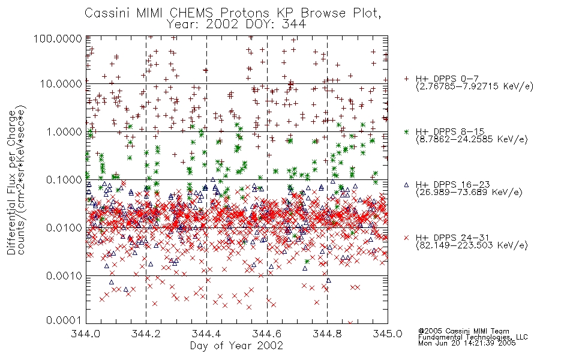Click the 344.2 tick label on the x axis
click(146, 333)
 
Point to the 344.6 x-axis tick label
click(267, 333)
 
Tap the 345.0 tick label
click(388, 333)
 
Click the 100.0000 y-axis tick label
click(58, 38)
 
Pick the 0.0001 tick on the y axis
click(64, 320)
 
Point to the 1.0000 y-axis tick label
click(64, 131)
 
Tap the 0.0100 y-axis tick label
click(64, 228)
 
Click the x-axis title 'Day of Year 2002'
click(236, 345)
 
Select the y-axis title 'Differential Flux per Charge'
click(11, 182)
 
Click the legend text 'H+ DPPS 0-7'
click(447, 79)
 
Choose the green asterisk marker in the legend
click(406, 131)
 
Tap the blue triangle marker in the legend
click(406, 185)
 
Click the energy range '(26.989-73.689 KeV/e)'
click(469, 192)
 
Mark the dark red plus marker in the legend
click(406, 79)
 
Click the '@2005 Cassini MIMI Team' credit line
click(464, 331)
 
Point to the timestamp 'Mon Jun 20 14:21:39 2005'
click(467, 343)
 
